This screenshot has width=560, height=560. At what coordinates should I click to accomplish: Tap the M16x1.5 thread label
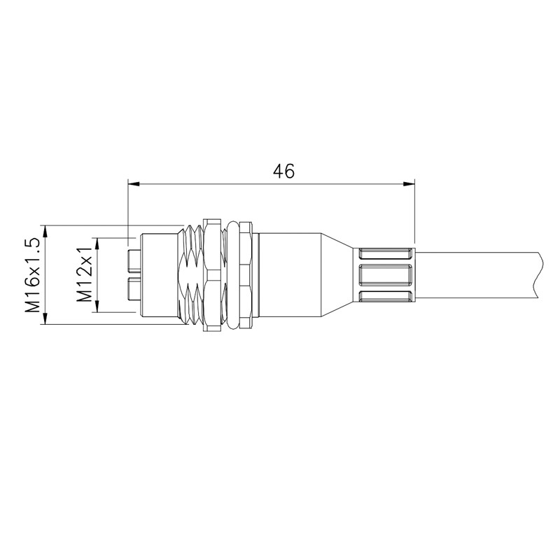point(31,274)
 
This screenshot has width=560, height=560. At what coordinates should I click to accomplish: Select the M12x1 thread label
point(85,275)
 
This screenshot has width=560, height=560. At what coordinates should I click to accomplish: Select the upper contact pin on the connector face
point(134,261)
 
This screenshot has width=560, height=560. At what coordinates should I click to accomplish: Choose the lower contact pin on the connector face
point(134,288)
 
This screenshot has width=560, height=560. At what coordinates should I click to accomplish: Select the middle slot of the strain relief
point(385,274)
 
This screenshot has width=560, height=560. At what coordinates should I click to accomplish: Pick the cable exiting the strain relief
point(476,274)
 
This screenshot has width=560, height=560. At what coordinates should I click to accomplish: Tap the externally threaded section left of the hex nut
point(188,274)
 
